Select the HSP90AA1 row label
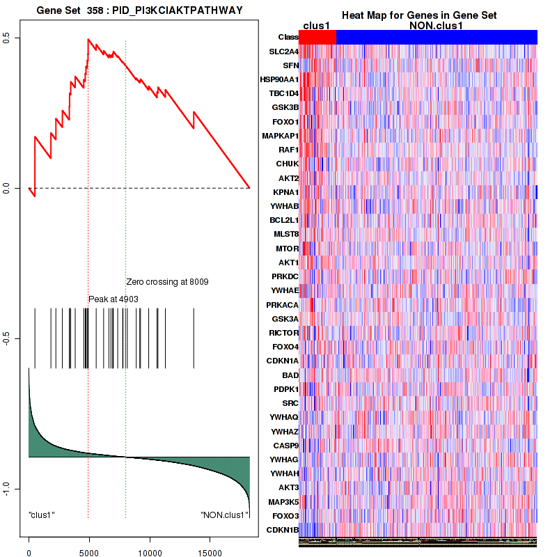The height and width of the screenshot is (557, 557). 281,79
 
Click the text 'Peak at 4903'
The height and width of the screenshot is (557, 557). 113,299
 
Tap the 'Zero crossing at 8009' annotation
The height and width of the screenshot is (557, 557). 167,282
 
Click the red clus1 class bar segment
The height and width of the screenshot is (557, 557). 317,37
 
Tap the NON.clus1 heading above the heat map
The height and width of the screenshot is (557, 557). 436,26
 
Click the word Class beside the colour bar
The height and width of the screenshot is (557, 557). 288,37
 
